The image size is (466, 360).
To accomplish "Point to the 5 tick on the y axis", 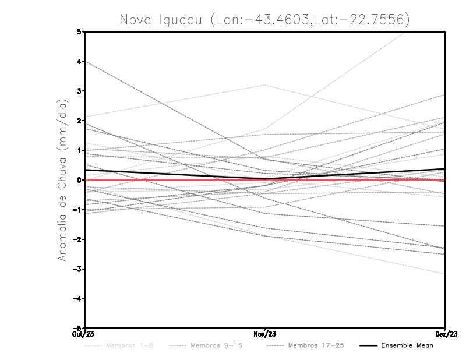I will [80, 31].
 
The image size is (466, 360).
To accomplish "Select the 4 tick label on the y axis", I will [80, 61].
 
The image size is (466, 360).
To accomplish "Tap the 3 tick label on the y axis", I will [80, 91].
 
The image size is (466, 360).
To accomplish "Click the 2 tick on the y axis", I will [80, 121].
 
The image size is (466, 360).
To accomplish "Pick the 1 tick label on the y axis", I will [80, 150].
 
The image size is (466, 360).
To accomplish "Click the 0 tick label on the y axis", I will [80, 180].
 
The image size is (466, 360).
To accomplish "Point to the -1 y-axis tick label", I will [78, 210].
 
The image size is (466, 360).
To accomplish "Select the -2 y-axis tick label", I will [78, 239].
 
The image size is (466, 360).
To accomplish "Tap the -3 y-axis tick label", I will [78, 269].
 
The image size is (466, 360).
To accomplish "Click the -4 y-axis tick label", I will [78, 299].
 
